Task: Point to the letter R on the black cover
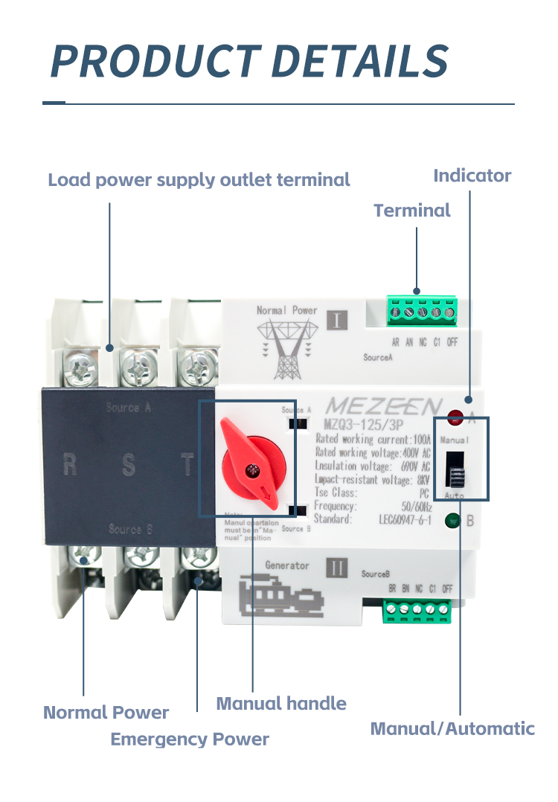[x=70, y=466]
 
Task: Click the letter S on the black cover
[x=129, y=466]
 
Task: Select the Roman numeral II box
[x=338, y=569]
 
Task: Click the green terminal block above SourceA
[x=423, y=312]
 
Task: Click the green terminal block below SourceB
[x=417, y=611]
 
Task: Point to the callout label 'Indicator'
[x=472, y=176]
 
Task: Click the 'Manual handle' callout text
[x=281, y=703]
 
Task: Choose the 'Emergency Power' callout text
[x=190, y=740]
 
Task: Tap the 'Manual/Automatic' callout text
[x=452, y=728]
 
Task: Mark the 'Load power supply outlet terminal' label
[x=199, y=180]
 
